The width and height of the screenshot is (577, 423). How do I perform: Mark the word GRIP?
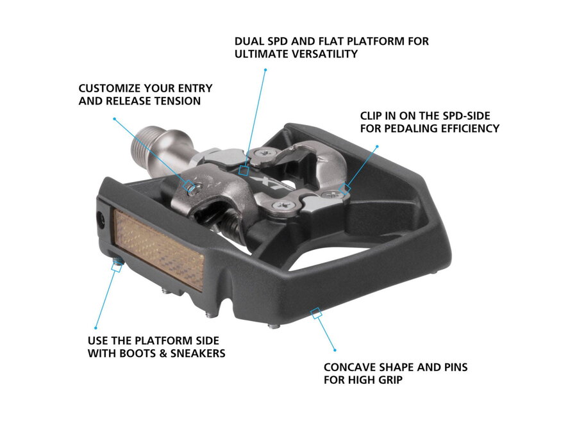387,381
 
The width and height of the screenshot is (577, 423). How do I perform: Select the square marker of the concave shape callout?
315,313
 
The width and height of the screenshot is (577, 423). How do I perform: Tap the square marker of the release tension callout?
190,186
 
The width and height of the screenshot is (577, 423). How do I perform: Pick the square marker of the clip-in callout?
347,188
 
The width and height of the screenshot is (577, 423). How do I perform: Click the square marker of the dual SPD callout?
243,170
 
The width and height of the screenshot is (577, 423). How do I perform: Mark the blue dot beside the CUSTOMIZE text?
114,119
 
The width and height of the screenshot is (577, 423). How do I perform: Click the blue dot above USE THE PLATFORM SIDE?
95,328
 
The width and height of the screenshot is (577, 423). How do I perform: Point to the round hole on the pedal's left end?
101,219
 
